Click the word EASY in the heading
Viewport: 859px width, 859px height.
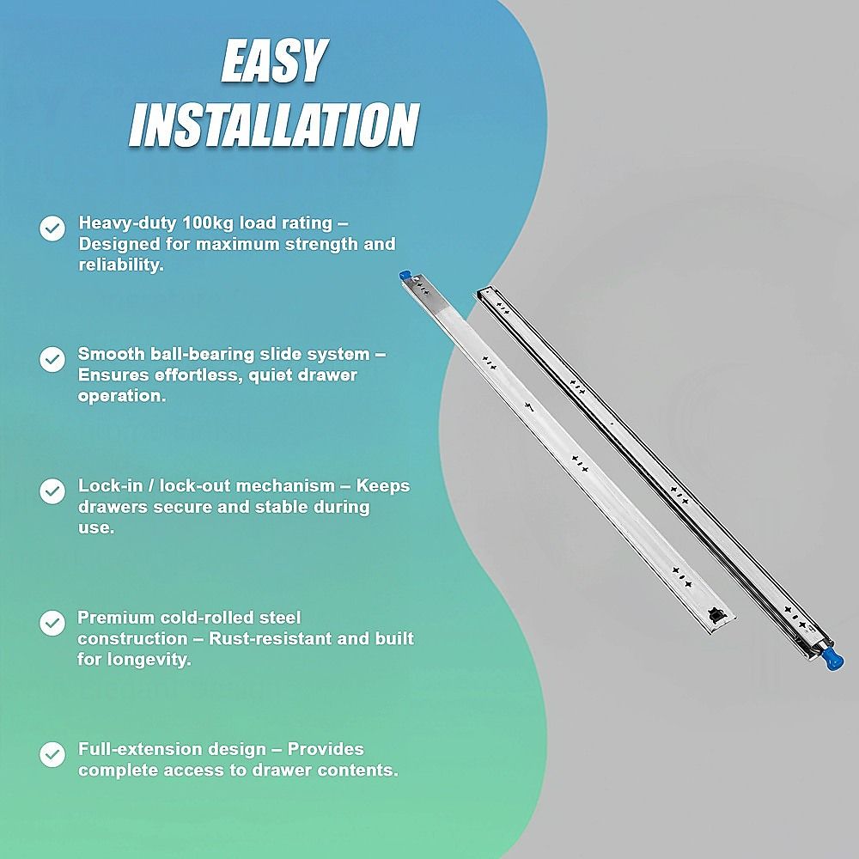[x=274, y=60]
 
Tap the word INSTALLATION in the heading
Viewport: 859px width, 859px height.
[x=274, y=125]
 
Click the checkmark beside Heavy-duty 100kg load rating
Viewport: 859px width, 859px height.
[x=52, y=228]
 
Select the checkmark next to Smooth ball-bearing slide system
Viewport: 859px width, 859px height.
[x=52, y=359]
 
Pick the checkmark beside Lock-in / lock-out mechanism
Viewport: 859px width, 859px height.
[x=52, y=490]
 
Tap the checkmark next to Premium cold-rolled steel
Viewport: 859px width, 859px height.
[x=52, y=623]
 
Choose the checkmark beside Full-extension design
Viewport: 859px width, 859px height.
[x=52, y=754]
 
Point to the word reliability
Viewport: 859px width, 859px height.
[x=120, y=265]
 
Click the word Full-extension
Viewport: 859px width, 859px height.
[x=138, y=749]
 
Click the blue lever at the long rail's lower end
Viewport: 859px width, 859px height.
[x=831, y=658]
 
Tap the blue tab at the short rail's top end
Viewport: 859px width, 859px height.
[x=405, y=276]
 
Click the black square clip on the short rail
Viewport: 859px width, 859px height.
[x=716, y=614]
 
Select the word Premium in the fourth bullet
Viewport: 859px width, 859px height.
[x=116, y=618]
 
